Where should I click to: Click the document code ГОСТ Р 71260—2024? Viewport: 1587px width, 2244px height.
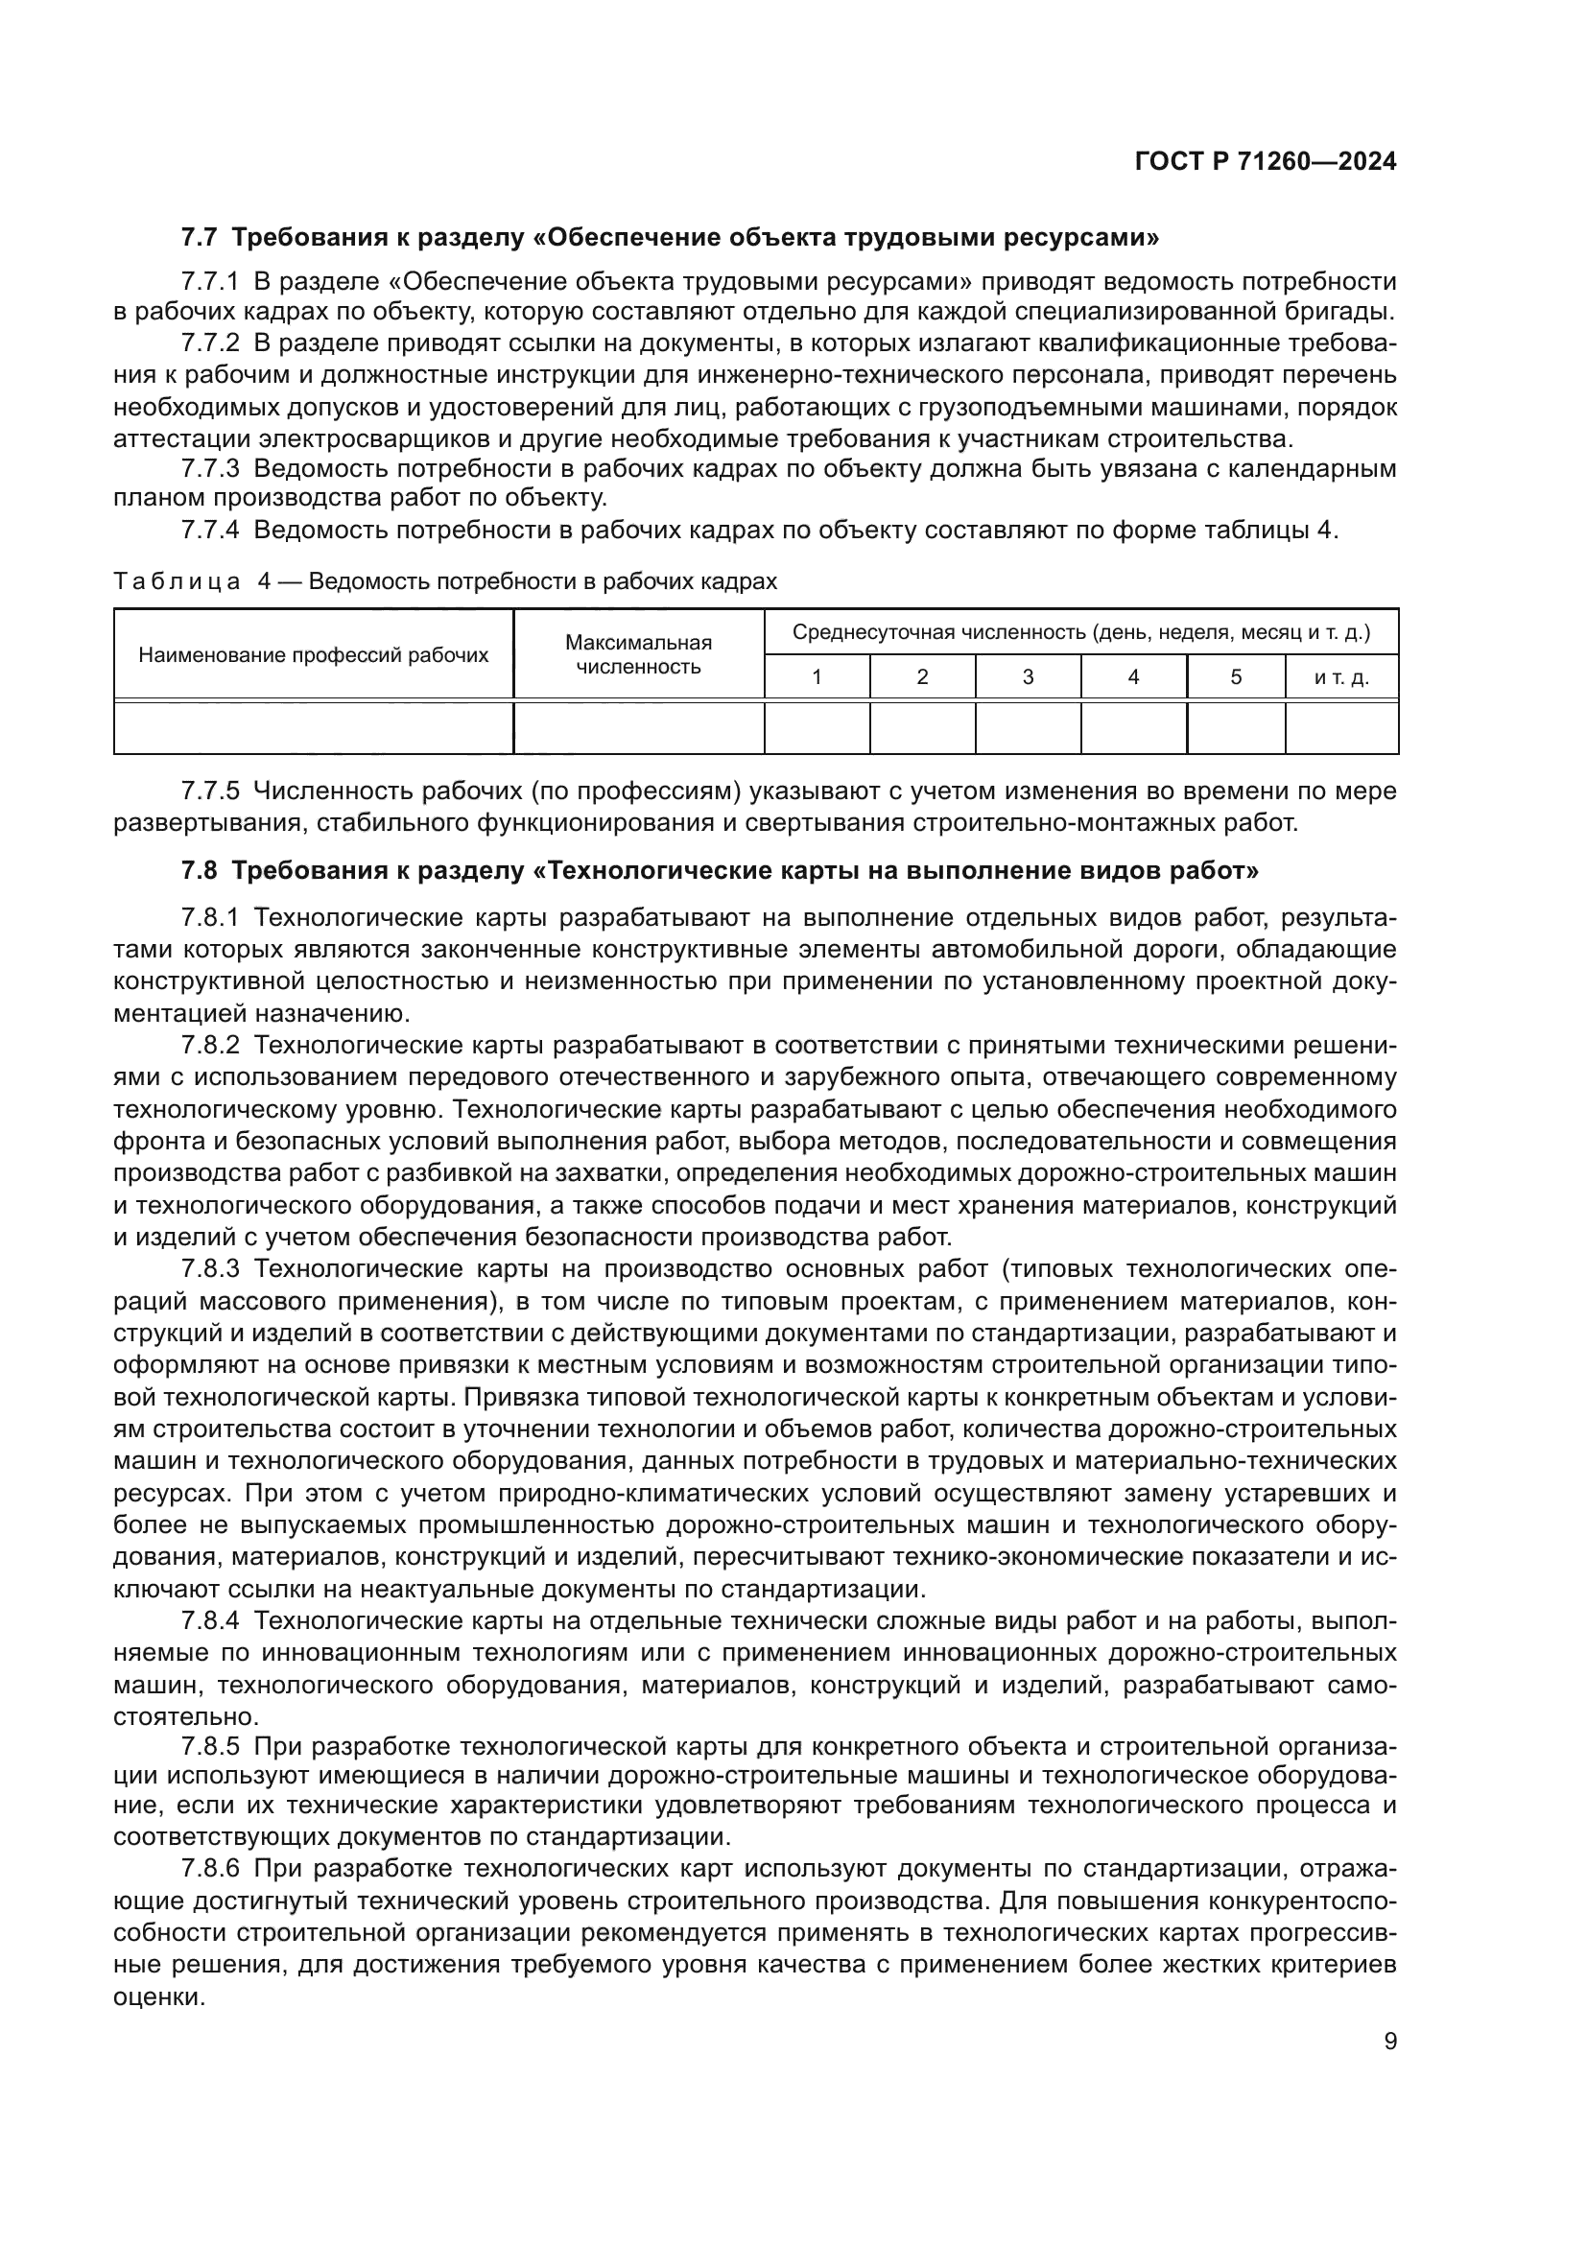[1265, 162]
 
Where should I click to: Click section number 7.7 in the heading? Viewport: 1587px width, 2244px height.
[200, 238]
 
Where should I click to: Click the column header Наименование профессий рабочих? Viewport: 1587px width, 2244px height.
[313, 655]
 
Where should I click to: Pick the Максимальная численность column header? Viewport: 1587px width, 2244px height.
[638, 655]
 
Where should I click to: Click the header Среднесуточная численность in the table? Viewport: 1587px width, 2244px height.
[1079, 632]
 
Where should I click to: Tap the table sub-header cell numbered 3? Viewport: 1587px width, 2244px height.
[1027, 677]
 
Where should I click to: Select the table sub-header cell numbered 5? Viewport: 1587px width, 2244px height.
[1235, 677]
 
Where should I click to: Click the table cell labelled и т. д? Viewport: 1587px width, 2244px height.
[1340, 677]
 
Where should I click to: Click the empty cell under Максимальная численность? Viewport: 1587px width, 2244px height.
[638, 728]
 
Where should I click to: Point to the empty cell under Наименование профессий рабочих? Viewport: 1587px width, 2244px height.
[313, 728]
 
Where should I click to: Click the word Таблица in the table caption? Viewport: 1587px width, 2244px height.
[177, 582]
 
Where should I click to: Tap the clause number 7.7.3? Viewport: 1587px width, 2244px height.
[210, 469]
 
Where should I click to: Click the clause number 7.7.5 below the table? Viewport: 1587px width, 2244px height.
[210, 791]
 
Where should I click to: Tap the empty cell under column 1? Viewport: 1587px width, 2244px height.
[816, 728]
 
